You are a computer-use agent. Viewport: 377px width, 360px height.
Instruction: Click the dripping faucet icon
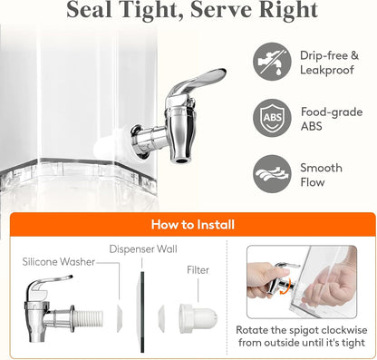click(x=272, y=62)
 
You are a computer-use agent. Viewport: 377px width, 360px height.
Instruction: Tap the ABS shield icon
click(x=272, y=118)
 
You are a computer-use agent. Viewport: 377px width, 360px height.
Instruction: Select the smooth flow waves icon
click(x=272, y=174)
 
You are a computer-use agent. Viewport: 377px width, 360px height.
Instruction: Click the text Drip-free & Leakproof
click(x=329, y=63)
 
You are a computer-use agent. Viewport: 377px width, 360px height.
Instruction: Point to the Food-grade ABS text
click(x=332, y=119)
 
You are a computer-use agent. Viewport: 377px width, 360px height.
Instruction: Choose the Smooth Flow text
click(x=321, y=175)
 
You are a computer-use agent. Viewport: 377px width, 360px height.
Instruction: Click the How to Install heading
click(x=193, y=225)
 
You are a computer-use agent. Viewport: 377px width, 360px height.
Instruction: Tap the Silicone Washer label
click(x=59, y=262)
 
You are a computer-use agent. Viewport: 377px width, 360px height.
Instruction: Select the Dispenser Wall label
click(x=143, y=249)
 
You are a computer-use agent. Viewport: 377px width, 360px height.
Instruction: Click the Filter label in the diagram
click(x=198, y=270)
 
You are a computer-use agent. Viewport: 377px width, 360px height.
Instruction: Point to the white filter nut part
click(x=198, y=318)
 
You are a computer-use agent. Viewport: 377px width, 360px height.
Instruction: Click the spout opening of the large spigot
click(x=182, y=160)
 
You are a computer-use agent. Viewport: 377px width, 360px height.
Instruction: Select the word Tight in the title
click(x=150, y=10)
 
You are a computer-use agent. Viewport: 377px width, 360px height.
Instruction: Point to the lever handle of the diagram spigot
click(x=50, y=284)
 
